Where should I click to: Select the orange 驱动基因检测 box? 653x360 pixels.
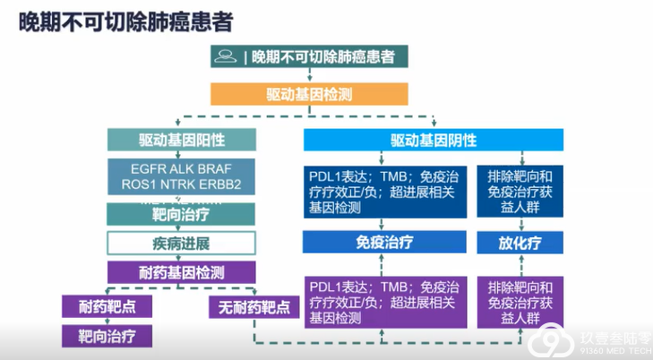(310, 93)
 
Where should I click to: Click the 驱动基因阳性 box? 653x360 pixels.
(182, 141)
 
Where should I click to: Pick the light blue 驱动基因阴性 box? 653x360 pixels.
(434, 141)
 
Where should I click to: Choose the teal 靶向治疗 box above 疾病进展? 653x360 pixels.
(182, 215)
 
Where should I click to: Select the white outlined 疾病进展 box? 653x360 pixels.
(182, 244)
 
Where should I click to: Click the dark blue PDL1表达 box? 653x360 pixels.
(385, 189)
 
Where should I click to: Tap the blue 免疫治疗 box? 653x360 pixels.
(385, 242)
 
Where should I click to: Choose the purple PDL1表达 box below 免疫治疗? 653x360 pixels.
(385, 302)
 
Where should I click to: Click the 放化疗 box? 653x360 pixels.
(520, 242)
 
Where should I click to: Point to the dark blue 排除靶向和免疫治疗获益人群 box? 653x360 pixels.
(520, 189)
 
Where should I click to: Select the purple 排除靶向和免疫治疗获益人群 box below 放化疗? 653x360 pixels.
(520, 302)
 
